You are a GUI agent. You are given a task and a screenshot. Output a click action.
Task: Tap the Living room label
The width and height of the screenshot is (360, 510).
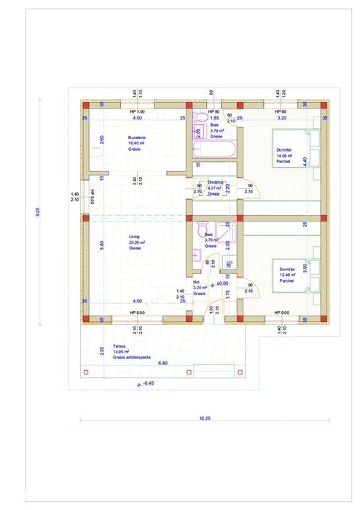click(x=135, y=242)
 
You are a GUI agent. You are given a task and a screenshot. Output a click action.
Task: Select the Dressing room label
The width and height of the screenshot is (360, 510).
click(x=214, y=188)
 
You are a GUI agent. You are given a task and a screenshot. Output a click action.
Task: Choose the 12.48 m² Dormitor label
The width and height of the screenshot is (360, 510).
click(x=288, y=274)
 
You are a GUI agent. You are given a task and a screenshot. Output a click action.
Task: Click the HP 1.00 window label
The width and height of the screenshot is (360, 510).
click(x=136, y=111)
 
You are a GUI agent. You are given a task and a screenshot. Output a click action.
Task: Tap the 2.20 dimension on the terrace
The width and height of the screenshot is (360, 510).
click(x=102, y=351)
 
